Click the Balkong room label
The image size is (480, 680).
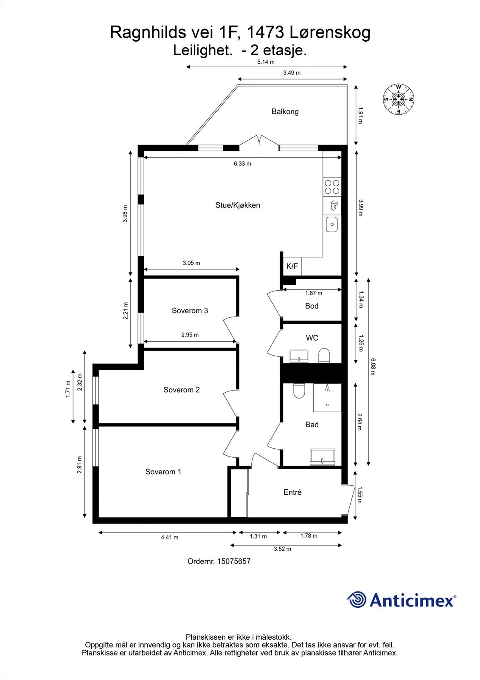[x=285, y=112]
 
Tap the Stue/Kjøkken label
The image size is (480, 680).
[x=238, y=205]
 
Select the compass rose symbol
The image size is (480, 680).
[x=399, y=99]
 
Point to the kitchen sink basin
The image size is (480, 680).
[x=332, y=224]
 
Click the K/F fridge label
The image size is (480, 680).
[x=292, y=266]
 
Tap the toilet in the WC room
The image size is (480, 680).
[x=324, y=355]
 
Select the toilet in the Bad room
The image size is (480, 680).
[x=299, y=391]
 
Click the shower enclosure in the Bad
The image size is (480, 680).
[x=327, y=398]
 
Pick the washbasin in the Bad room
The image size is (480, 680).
[x=322, y=457]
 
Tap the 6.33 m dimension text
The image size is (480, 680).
[x=243, y=164]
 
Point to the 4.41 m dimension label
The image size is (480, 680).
[x=169, y=537]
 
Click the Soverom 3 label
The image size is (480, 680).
[x=190, y=311]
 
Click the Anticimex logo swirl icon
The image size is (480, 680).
[x=356, y=600]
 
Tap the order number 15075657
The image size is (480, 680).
[x=234, y=561]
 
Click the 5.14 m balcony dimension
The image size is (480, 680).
[x=266, y=62]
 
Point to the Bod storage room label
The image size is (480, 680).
[x=312, y=306]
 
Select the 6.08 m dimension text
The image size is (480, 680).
[x=373, y=367]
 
